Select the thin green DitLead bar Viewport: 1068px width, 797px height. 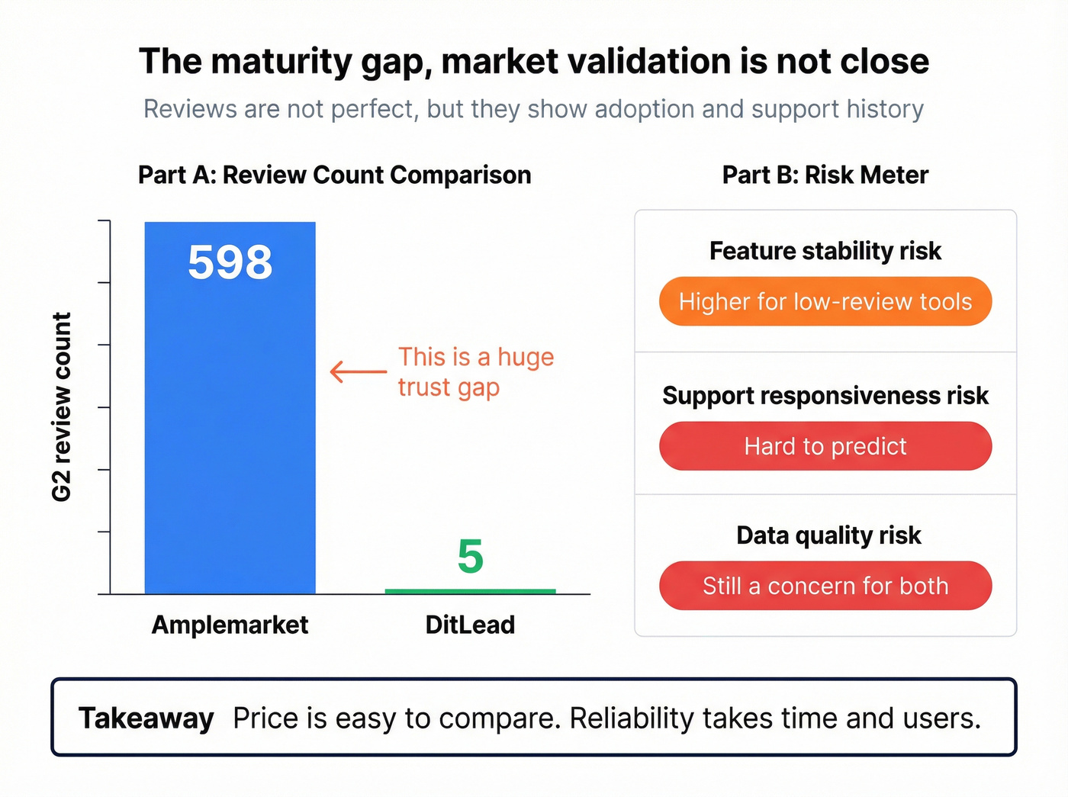click(x=470, y=591)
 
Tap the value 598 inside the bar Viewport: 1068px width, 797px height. click(x=230, y=262)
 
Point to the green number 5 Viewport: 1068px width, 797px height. click(x=470, y=557)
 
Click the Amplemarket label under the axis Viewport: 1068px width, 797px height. click(x=230, y=625)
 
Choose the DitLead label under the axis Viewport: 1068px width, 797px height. click(x=470, y=625)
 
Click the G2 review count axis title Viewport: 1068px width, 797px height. click(x=62, y=407)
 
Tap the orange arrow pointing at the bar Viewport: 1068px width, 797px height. click(x=358, y=371)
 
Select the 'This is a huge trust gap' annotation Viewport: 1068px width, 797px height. click(x=475, y=372)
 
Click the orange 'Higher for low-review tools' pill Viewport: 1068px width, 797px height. click(x=825, y=301)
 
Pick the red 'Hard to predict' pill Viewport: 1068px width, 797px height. click(x=825, y=446)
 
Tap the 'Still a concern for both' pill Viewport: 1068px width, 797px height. click(x=825, y=586)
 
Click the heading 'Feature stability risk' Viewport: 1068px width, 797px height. click(x=825, y=251)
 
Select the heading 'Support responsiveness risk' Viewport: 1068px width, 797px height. click(x=825, y=396)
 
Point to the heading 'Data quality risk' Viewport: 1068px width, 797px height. click(x=828, y=535)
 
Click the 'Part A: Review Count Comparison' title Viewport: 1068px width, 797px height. click(x=334, y=175)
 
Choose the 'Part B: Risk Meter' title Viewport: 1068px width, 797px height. click(x=825, y=175)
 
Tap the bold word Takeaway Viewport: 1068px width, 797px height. click(x=146, y=718)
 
